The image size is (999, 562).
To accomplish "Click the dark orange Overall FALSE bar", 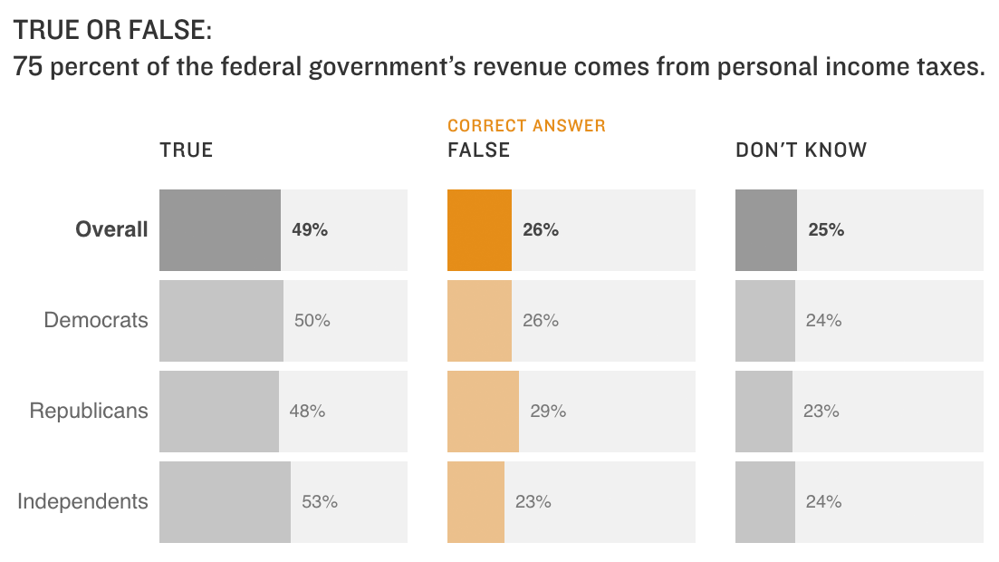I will pyautogui.click(x=479, y=230).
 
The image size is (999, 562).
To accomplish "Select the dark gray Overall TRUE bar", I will pyautogui.click(x=219, y=230).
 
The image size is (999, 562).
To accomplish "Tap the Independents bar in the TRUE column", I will pyautogui.click(x=225, y=502).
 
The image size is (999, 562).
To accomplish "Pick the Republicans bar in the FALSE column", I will pyautogui.click(x=483, y=412).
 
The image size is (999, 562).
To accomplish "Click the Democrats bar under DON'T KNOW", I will pyautogui.click(x=764, y=321).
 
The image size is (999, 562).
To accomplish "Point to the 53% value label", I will pyautogui.click(x=320, y=502).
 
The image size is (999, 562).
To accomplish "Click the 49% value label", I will pyautogui.click(x=310, y=230).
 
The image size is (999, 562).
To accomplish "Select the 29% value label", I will pyautogui.click(x=548, y=412).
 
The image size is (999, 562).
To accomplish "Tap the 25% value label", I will pyautogui.click(x=826, y=230).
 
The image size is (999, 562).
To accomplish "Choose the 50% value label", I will pyautogui.click(x=312, y=321).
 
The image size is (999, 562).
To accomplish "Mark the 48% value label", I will pyautogui.click(x=307, y=412).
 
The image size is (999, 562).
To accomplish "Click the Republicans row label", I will pyautogui.click(x=89, y=411).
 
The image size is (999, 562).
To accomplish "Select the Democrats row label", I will pyautogui.click(x=96, y=320).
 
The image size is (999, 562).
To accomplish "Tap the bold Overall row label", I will pyautogui.click(x=111, y=230).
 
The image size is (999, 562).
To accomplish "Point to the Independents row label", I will pyautogui.click(x=82, y=501).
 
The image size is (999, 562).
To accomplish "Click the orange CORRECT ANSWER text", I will pyautogui.click(x=526, y=126).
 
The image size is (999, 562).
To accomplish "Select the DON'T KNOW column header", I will pyautogui.click(x=801, y=150).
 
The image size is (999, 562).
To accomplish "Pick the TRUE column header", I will pyautogui.click(x=187, y=150).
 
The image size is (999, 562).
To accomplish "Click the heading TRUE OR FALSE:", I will pyautogui.click(x=113, y=31).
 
